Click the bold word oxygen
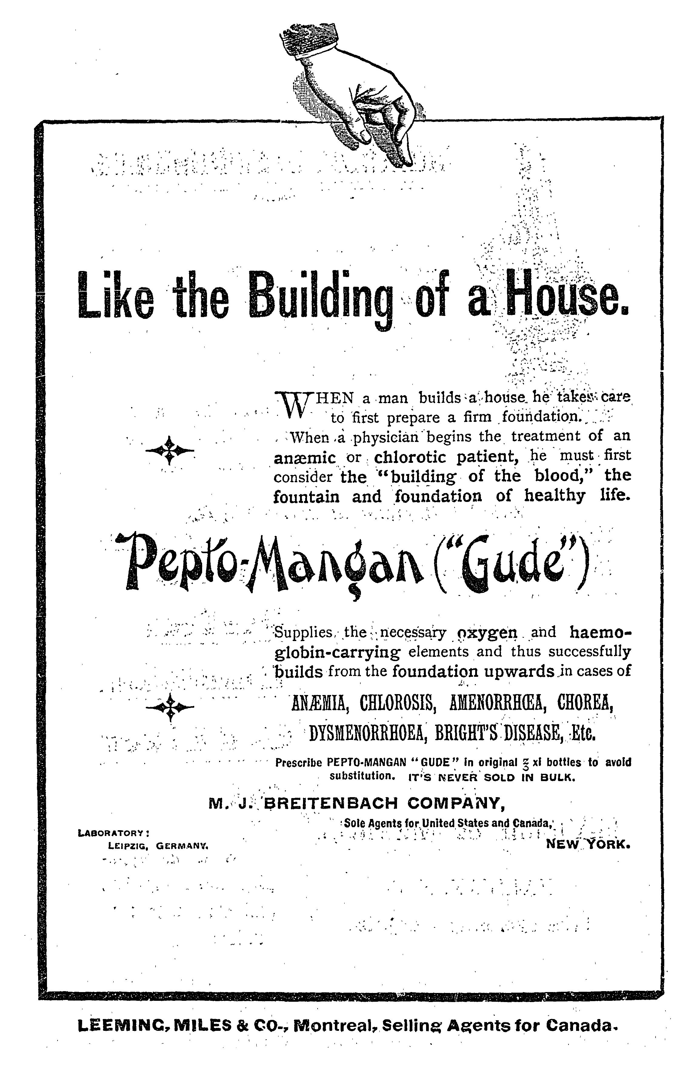[x=486, y=633]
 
